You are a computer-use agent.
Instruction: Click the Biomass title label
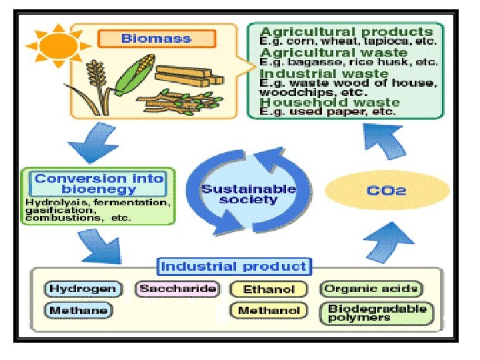tap(156, 38)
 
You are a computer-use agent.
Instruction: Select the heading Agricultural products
tap(346, 31)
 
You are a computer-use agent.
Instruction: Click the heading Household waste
tap(329, 102)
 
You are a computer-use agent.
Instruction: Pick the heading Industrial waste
tap(323, 73)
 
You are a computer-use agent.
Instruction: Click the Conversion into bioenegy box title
tap(99, 184)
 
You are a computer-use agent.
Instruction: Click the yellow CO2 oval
tap(387, 191)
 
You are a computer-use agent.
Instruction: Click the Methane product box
tap(78, 310)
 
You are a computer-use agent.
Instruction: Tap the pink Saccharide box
tap(177, 289)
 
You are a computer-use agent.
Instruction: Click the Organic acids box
tap(370, 289)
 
